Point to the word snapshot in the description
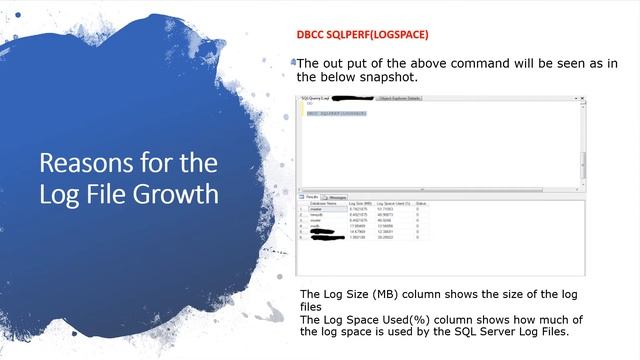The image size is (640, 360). [x=380, y=76]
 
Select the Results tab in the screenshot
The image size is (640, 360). [x=312, y=197]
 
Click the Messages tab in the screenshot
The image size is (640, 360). [x=336, y=197]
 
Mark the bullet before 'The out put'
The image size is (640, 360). [x=294, y=62]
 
